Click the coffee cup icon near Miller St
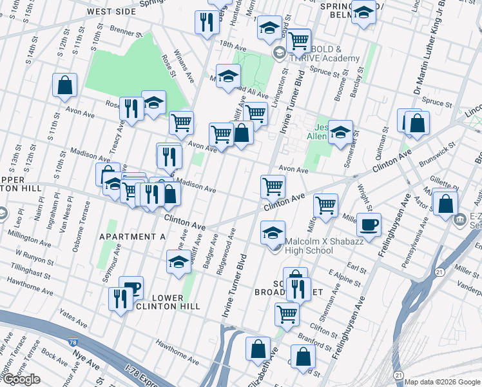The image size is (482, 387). coord(369,226)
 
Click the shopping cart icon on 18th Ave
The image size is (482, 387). coord(298,41)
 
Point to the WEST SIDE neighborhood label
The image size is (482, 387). coord(111,12)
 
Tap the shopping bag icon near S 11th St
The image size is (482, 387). coord(65,85)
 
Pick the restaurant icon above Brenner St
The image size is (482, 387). coord(207,23)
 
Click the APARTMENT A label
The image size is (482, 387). coord(132,237)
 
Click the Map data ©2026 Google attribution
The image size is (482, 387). coord(442,382)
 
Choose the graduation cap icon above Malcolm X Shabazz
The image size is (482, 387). coord(273,232)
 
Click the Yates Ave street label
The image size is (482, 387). coord(73,317)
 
